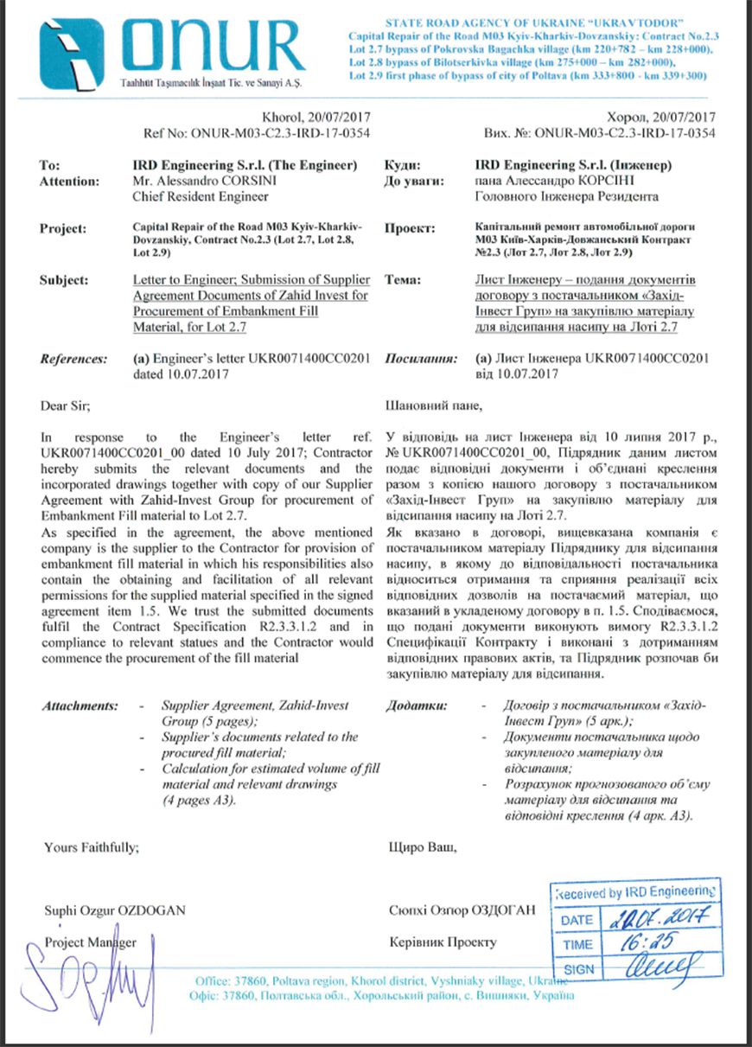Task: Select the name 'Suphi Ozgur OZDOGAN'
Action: point(114,910)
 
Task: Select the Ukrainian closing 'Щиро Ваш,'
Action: point(424,848)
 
